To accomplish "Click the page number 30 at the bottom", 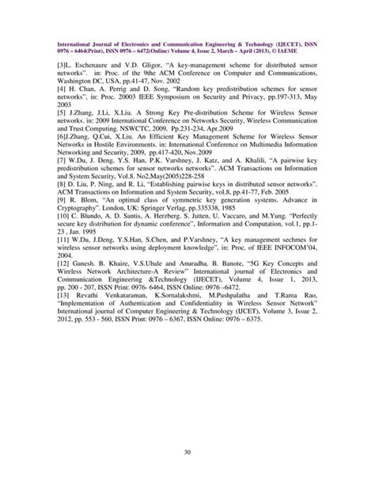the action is pos(187,452).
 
